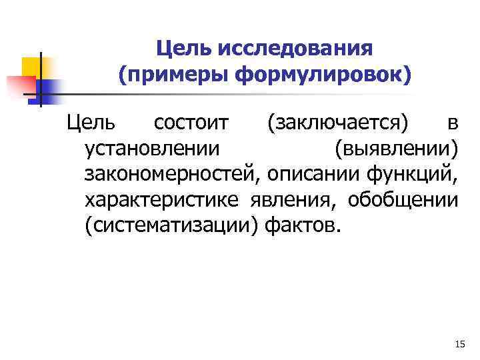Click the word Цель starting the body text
pos(90,123)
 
